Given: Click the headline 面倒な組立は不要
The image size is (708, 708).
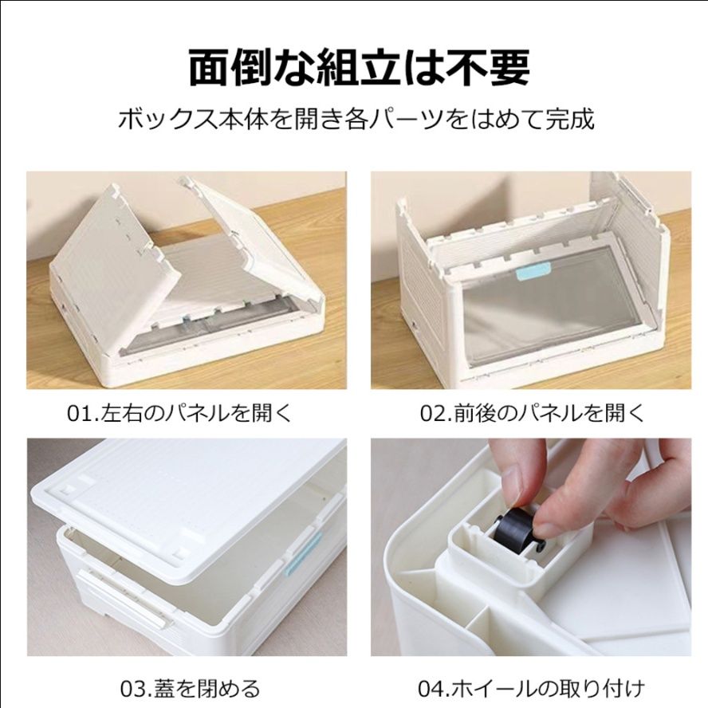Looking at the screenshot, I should pos(359,67).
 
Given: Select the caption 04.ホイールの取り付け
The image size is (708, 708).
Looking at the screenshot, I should pos(531,687).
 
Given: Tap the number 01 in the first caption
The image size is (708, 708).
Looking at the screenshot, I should pos(77,414).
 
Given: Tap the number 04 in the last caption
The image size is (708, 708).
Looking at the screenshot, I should pos(431,687).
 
